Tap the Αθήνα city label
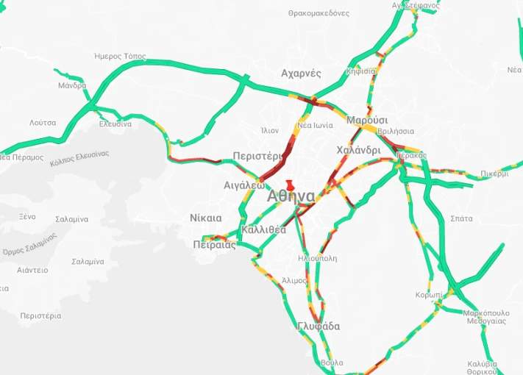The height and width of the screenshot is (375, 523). (x=291, y=196)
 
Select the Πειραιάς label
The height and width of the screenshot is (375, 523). (x=214, y=245)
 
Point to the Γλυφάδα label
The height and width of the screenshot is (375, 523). (x=319, y=326)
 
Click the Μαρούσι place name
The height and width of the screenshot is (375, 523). (x=367, y=120)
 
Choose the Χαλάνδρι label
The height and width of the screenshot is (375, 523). (x=358, y=150)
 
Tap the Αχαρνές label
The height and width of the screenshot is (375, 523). (x=301, y=74)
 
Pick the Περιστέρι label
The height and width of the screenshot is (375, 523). (x=257, y=156)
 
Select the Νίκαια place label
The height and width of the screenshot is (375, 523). (x=205, y=218)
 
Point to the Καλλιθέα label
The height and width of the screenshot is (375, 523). (x=263, y=229)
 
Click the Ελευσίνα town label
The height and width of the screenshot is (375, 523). (x=115, y=124)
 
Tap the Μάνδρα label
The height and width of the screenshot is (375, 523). (x=72, y=86)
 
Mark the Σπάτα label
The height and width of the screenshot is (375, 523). (x=461, y=218)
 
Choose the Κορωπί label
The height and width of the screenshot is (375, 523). (x=428, y=294)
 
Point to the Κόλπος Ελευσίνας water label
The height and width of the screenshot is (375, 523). (x=79, y=158)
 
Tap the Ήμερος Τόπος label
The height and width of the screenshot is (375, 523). (x=121, y=57)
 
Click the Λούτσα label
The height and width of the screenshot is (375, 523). (x=43, y=122)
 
